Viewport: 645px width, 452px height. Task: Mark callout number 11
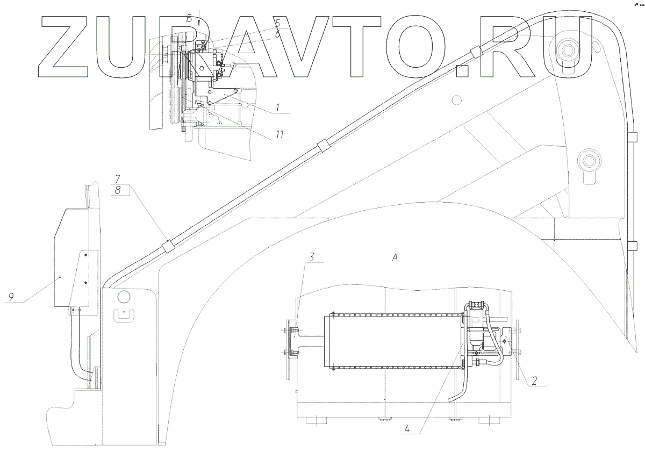pos(279,134)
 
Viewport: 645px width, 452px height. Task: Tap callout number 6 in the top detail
pos(277,33)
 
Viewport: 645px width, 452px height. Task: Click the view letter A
pos(395,259)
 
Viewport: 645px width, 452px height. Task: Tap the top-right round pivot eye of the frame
pos(568,53)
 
